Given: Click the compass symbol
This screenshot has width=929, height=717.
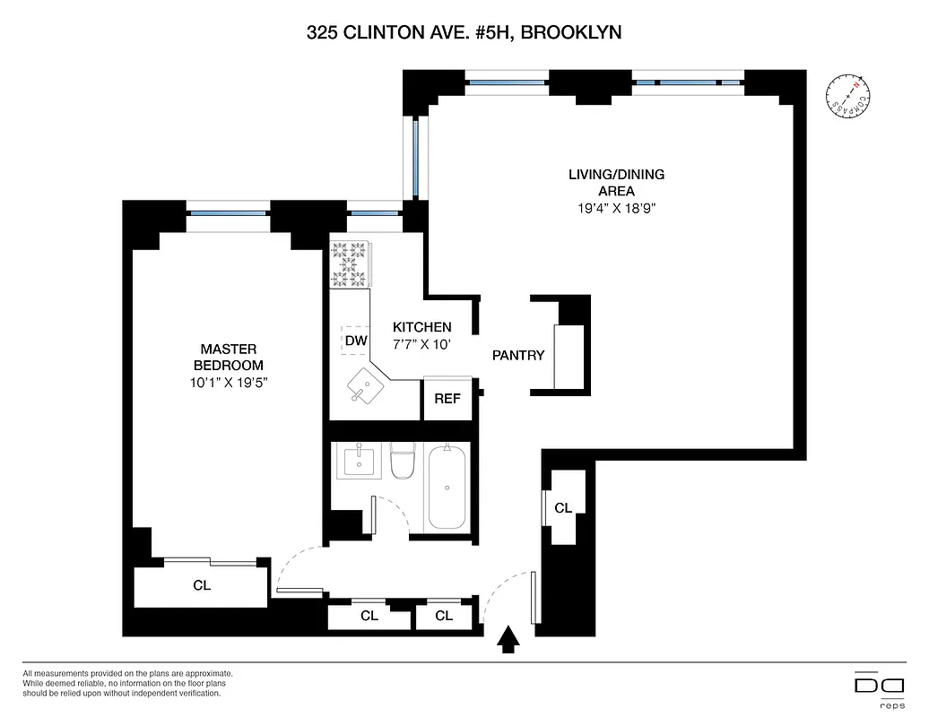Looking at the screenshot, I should click(x=847, y=95).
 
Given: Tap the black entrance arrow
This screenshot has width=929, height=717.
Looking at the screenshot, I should click(x=508, y=639).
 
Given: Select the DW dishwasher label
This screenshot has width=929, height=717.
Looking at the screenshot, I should click(x=355, y=341).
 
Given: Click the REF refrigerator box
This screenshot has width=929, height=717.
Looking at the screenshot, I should click(x=447, y=399).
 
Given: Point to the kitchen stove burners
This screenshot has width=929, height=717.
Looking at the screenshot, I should click(x=350, y=263).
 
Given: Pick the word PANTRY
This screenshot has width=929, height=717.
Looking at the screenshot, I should click(x=518, y=355).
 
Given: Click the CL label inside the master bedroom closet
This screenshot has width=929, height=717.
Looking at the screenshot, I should click(x=202, y=585).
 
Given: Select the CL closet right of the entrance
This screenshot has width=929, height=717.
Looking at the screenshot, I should click(x=562, y=508).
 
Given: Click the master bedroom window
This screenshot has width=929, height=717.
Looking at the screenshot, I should click(x=229, y=213).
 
